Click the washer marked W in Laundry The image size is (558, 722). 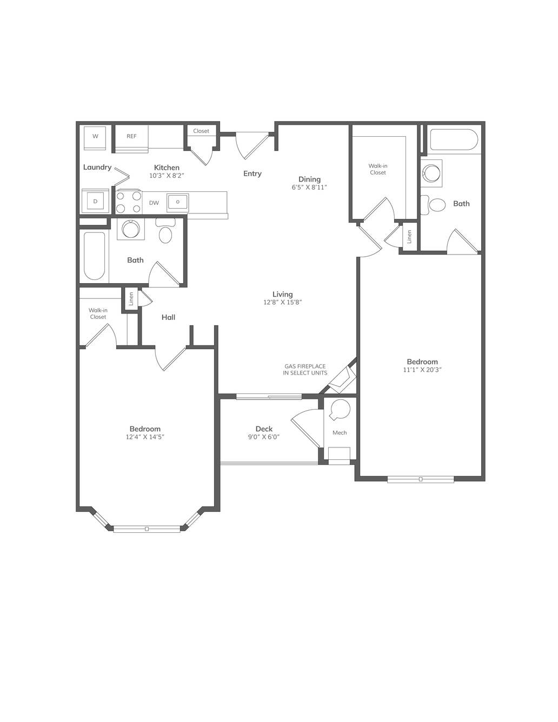95,138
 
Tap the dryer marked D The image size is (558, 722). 95,201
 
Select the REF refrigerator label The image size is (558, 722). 131,136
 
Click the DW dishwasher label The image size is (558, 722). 154,203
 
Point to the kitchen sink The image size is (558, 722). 178,202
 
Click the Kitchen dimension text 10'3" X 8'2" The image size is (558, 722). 167,176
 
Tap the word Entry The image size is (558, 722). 253,173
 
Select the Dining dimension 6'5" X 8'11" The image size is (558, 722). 309,188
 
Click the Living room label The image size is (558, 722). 282,294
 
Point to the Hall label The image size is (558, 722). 169,317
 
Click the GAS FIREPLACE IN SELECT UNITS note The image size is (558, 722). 305,370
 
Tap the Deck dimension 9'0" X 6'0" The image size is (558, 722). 264,437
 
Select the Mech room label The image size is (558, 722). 340,432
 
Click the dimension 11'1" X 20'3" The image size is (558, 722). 422,370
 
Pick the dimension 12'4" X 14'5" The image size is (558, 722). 145,437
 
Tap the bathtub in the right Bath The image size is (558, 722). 454,139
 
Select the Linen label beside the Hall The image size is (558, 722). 131,299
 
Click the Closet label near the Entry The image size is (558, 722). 201,131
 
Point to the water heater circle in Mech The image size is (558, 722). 340,409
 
